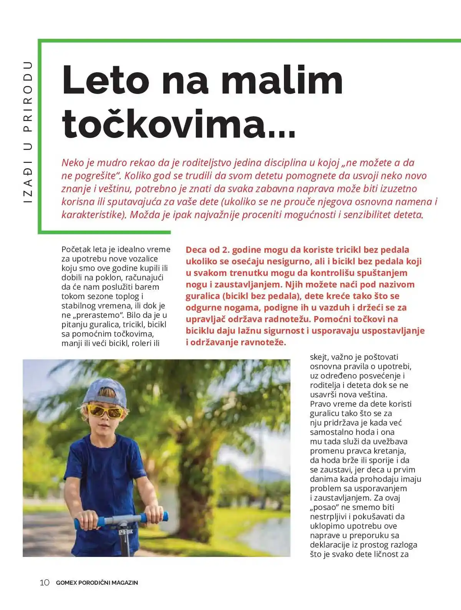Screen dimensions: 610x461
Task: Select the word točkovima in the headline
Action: [163, 124]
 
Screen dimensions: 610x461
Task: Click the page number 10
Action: [45, 582]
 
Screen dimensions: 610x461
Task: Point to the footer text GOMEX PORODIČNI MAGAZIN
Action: [97, 583]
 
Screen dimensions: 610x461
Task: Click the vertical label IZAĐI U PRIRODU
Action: [28, 133]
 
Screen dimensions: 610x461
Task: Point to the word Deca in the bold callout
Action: [197, 250]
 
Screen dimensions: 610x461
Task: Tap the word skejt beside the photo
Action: [318, 357]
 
